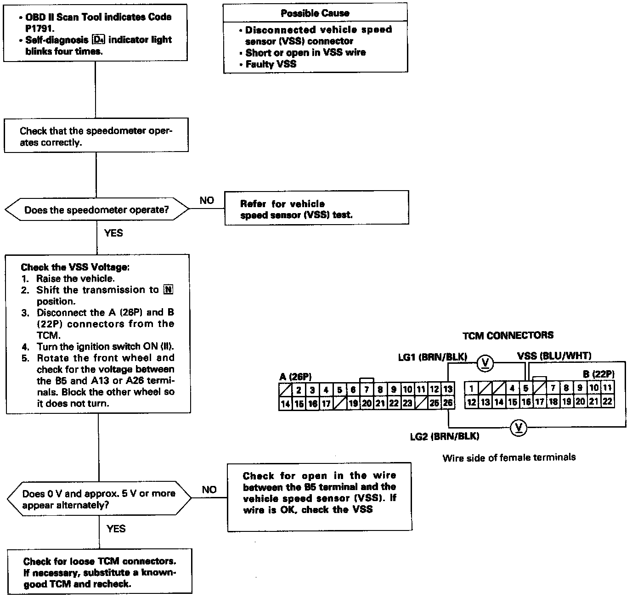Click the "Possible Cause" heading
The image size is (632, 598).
315,13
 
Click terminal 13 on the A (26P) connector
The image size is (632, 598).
447,389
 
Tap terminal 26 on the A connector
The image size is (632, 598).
447,403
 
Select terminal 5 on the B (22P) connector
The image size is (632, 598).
525,388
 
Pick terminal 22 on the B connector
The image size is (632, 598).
607,401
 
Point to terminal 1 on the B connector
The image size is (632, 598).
471,388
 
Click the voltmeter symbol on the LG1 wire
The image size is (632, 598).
486,363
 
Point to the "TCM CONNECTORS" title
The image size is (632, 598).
508,335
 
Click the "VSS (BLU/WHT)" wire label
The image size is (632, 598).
554,355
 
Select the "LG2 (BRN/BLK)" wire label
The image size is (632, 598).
445,436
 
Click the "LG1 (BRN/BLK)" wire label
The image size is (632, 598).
432,357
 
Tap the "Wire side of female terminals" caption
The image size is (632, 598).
509,457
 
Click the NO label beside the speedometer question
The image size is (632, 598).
207,201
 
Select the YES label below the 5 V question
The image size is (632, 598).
116,529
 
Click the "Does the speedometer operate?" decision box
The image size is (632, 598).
96,210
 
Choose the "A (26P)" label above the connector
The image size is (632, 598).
295,377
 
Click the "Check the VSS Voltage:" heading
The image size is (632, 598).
75,267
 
